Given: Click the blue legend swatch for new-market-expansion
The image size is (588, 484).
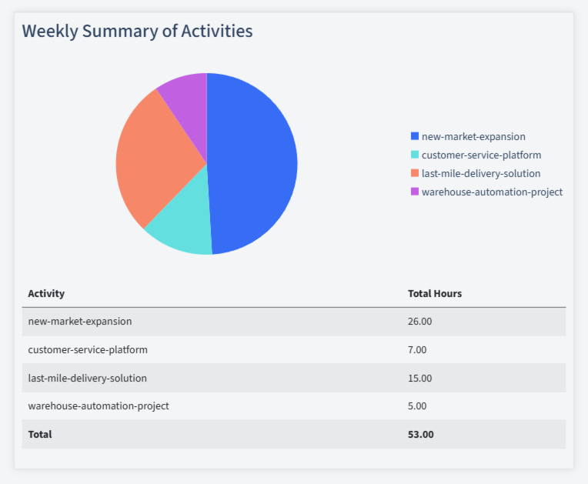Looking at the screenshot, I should tap(415, 136).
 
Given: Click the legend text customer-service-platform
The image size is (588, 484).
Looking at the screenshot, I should tap(481, 155).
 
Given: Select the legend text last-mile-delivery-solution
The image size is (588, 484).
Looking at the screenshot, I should tap(481, 173).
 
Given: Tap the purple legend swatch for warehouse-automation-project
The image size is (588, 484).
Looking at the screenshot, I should tap(415, 192).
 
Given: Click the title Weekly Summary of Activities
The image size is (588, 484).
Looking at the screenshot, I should tap(137, 32).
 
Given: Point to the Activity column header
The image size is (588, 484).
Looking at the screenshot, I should tap(46, 293).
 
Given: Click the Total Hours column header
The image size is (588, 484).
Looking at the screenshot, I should tap(434, 293).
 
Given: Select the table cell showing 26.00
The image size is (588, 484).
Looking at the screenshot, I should tap(419, 321).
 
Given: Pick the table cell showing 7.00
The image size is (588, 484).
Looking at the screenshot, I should tap(416, 349).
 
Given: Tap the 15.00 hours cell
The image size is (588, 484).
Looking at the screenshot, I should tap(419, 378).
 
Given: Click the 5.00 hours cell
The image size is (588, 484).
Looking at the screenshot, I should tap(416, 406).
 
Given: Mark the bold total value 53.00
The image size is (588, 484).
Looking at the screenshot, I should tap(420, 434).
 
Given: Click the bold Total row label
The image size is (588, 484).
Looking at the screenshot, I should tap(40, 434).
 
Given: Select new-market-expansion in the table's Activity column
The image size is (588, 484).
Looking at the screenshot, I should tap(79, 321).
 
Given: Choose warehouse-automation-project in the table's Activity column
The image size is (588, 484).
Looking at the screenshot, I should tap(98, 406).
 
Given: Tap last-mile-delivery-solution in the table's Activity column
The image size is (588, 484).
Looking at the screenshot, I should tap(87, 378).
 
